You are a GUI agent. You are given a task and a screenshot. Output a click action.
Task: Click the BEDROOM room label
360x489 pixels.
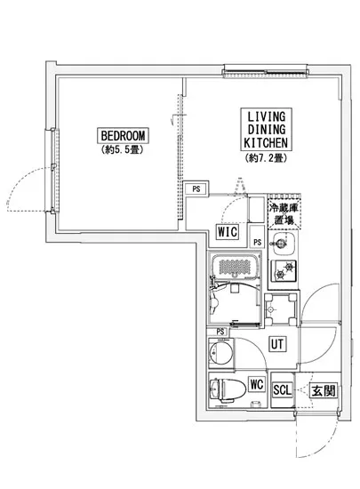(123, 136)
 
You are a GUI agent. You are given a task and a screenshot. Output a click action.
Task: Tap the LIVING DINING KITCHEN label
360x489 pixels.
(266, 130)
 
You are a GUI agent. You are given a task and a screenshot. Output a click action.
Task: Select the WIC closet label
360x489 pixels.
(228, 232)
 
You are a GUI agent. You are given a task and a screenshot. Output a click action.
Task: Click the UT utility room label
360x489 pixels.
(277, 344)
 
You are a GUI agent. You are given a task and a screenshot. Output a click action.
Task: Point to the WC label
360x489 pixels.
(257, 384)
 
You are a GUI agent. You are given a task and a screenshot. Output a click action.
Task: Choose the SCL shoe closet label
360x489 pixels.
(282, 389)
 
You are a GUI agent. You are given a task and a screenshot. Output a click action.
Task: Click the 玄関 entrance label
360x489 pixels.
(324, 390)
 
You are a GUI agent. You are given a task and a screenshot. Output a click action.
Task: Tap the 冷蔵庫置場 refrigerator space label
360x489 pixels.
(284, 214)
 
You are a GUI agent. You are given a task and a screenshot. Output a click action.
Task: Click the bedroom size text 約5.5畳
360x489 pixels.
(123, 150)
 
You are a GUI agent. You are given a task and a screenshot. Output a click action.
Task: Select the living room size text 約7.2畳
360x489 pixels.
(266, 158)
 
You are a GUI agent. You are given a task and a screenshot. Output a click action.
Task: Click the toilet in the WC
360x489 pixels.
(228, 389)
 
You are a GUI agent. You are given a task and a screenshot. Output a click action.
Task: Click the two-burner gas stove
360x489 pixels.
(284, 270)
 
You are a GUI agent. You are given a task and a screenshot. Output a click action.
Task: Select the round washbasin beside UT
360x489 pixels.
(220, 352)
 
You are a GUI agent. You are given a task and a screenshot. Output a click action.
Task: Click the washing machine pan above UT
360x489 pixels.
(281, 309)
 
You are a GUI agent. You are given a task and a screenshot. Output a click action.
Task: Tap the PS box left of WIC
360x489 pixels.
(196, 188)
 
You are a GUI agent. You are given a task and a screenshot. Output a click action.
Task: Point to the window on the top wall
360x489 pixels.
(265, 72)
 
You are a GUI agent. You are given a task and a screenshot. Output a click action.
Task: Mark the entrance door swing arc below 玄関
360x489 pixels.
(324, 443)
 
